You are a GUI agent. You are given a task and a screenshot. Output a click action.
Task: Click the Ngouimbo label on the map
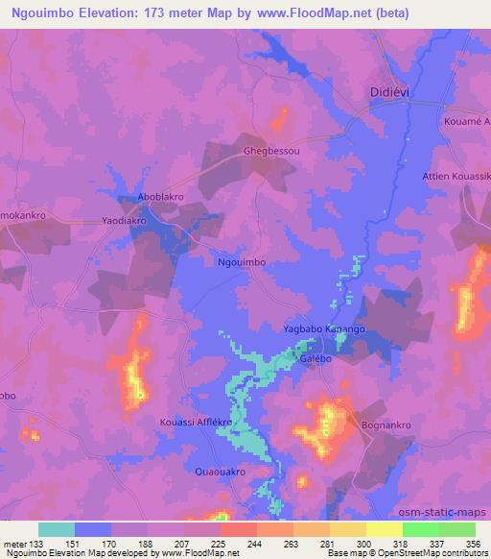click(x=242, y=260)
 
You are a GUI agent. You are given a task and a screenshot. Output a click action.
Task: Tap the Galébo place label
click(x=316, y=356)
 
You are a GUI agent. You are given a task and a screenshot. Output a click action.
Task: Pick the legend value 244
click(x=255, y=543)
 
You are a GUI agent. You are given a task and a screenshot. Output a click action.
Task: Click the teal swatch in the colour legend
click(x=57, y=529)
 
